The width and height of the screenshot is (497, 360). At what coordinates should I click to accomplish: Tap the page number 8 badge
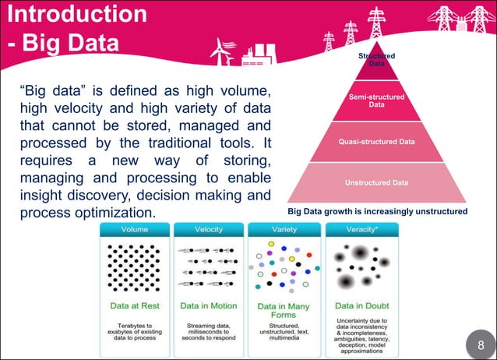click(480, 344)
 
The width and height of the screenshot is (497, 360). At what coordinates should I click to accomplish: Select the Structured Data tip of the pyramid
click(377, 60)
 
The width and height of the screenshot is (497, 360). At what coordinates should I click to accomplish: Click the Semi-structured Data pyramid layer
click(377, 101)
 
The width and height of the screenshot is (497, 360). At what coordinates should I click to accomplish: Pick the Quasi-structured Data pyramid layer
click(377, 142)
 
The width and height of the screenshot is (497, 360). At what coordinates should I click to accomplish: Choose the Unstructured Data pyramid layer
click(377, 183)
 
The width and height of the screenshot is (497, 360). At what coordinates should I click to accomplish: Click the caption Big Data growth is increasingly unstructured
click(377, 211)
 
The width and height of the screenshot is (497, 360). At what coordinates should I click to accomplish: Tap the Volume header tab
click(133, 229)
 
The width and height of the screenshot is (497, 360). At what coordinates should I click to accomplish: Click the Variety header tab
click(283, 229)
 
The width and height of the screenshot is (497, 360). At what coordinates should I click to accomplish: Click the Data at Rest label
click(133, 306)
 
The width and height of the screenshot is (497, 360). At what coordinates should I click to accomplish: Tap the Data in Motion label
click(208, 306)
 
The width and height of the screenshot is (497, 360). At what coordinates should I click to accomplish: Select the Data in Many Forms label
click(283, 311)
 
